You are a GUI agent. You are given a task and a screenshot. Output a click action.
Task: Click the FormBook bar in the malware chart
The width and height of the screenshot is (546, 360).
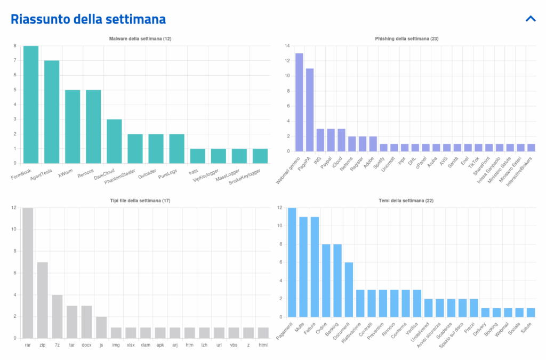coord(31,105)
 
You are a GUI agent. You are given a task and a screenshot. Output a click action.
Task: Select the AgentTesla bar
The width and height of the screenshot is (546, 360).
coord(52,112)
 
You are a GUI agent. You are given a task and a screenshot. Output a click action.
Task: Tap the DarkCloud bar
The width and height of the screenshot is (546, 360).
coord(114,141)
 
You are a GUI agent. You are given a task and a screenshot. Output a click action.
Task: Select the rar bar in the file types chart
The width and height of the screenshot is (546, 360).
coord(28,273)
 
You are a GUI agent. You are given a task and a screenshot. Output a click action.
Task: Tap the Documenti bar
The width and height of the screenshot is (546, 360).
coord(349,290)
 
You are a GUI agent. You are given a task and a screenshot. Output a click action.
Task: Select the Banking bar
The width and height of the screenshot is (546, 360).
coord(338,281)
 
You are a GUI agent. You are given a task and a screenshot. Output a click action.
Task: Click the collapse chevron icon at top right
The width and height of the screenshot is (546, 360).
coord(530,19)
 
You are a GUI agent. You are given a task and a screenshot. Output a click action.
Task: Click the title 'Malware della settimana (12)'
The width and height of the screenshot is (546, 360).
coord(140,38)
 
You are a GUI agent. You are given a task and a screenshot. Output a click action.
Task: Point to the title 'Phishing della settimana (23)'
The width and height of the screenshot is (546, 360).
coord(406,38)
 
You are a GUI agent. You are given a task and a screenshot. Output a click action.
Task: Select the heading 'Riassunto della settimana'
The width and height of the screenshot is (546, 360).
coord(89,19)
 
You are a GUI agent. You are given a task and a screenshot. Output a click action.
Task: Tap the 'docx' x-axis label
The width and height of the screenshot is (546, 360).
coord(86,345)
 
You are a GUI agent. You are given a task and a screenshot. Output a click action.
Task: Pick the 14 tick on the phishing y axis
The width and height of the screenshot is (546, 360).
coord(287,46)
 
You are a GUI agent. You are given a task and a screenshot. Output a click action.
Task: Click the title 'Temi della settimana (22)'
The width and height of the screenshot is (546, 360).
coord(406,200)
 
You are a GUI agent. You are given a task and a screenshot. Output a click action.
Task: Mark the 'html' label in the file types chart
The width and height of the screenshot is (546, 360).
coord(263,345)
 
